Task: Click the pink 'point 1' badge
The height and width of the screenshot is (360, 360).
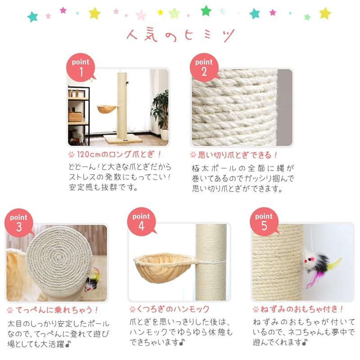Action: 81,67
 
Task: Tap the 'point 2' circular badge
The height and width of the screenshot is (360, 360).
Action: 204,67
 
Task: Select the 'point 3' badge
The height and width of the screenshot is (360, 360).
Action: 19,223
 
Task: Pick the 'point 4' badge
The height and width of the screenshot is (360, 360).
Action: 141,222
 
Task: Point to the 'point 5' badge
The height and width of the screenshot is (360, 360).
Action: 264,222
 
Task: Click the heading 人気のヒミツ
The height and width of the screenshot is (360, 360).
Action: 180,36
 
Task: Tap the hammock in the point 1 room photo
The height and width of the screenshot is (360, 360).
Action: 107,108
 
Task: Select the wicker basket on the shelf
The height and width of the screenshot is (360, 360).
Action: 75,117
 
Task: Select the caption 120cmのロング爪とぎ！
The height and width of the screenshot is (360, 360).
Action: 119,154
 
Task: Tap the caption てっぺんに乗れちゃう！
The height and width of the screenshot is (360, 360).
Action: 57,310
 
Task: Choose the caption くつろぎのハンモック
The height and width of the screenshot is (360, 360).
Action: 173,309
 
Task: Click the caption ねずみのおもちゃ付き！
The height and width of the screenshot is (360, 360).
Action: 301,309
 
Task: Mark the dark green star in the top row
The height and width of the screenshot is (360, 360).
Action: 206,10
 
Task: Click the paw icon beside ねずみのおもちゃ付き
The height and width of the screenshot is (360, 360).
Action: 256,310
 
